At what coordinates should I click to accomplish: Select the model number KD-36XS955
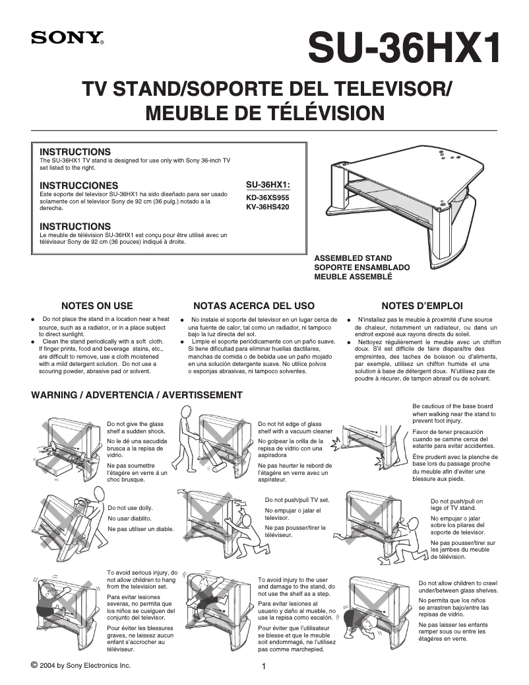point(267,197)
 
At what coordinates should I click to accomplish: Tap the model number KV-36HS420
point(267,207)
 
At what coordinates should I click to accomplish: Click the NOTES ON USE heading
point(97,306)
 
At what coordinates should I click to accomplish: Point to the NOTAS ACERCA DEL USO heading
point(253,306)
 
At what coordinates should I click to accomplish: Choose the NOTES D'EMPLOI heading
point(422,306)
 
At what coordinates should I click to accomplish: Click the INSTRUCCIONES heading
point(79,185)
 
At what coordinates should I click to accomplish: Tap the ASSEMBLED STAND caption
point(353,258)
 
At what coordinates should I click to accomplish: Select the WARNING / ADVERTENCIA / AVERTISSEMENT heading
point(137,395)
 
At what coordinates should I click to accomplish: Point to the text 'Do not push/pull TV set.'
point(297,500)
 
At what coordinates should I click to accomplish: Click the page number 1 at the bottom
point(264,667)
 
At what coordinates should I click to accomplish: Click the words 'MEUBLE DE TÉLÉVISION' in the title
point(264,113)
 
